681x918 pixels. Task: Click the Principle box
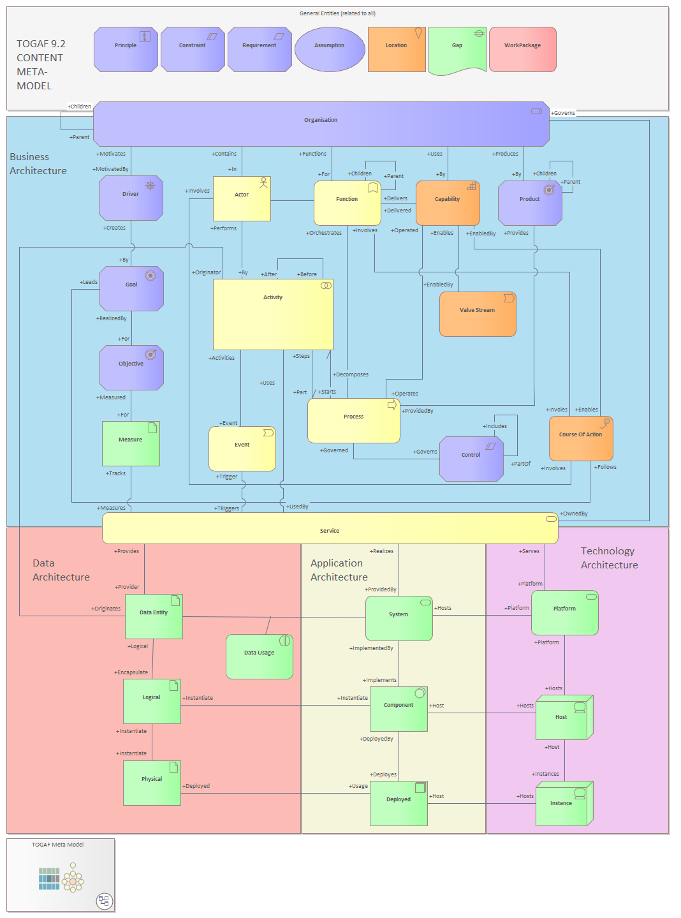(x=126, y=49)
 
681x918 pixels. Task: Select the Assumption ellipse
(x=330, y=49)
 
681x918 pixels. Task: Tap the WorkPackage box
(x=522, y=49)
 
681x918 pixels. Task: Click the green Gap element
(x=457, y=49)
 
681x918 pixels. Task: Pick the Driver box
(x=131, y=198)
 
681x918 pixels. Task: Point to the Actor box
(x=242, y=198)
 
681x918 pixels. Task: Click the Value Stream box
(x=478, y=314)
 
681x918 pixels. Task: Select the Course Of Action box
(x=581, y=438)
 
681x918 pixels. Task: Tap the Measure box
(x=131, y=443)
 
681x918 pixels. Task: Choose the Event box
(x=242, y=448)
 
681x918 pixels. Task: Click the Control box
(x=471, y=459)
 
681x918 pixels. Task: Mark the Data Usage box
(x=260, y=656)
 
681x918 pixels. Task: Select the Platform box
(x=565, y=612)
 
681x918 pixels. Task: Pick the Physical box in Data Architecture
(x=152, y=783)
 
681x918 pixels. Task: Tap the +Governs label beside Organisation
(x=563, y=113)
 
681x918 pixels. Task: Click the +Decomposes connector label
(x=351, y=374)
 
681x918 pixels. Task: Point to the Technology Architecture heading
(x=609, y=558)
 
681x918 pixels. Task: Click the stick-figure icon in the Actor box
(x=263, y=183)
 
